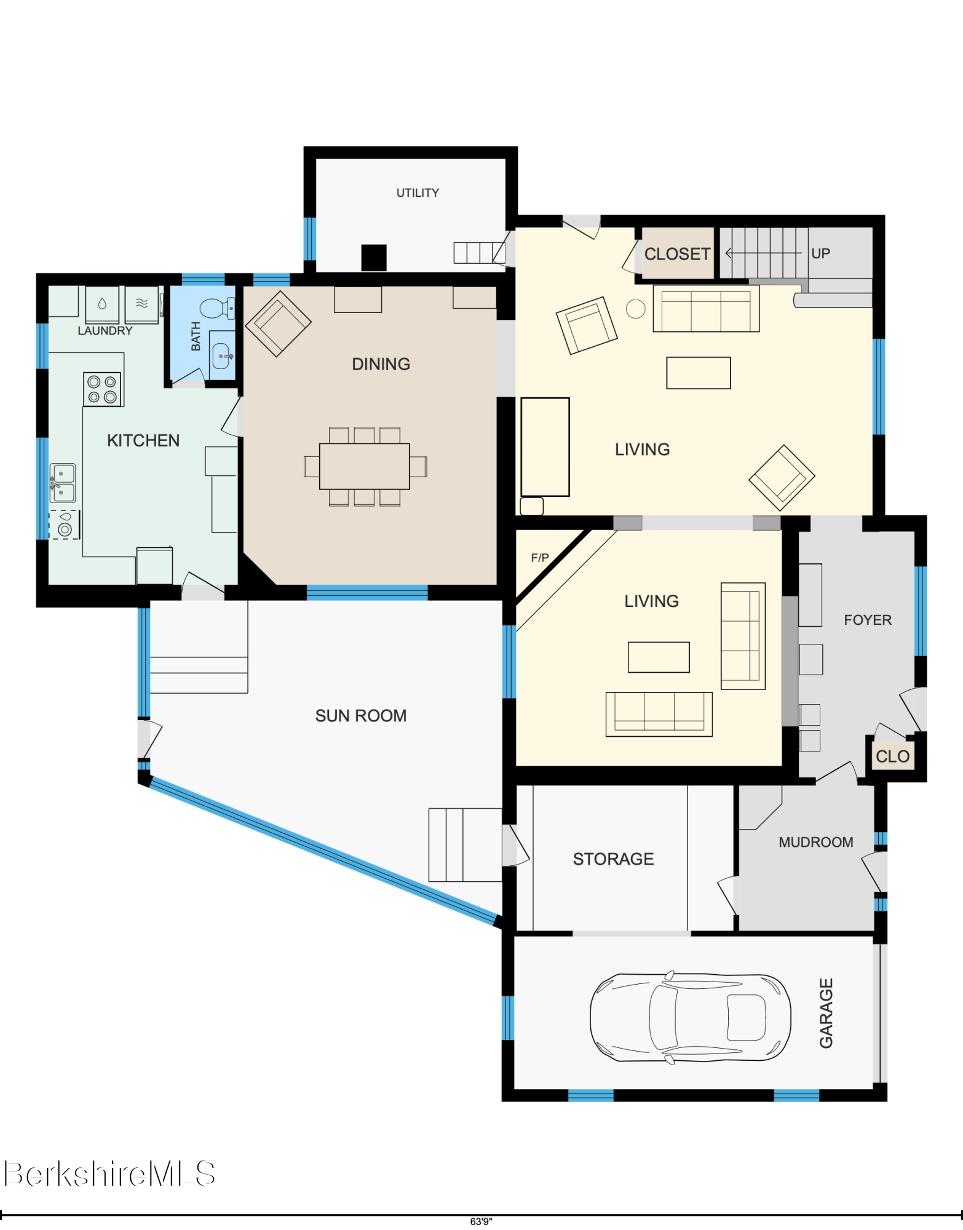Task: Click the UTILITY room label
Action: click(x=418, y=193)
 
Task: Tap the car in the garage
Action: click(x=690, y=1017)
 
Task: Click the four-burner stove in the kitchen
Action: click(x=102, y=389)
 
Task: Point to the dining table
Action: click(x=365, y=466)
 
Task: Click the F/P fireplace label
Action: click(x=540, y=558)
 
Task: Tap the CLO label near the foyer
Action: click(x=892, y=756)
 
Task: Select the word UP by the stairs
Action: click(x=820, y=253)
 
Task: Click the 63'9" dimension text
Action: click(x=481, y=1221)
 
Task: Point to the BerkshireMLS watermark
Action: click(x=109, y=1173)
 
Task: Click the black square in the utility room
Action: click(x=374, y=258)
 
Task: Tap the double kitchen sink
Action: click(x=63, y=483)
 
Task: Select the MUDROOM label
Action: click(x=816, y=842)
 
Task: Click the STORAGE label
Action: click(x=613, y=859)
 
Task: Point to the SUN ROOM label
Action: click(x=361, y=716)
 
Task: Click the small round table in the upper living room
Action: click(x=635, y=309)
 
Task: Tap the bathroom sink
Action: click(x=221, y=355)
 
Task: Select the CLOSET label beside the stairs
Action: click(x=677, y=254)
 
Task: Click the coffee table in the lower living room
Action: click(x=659, y=657)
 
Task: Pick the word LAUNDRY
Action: click(x=105, y=331)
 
